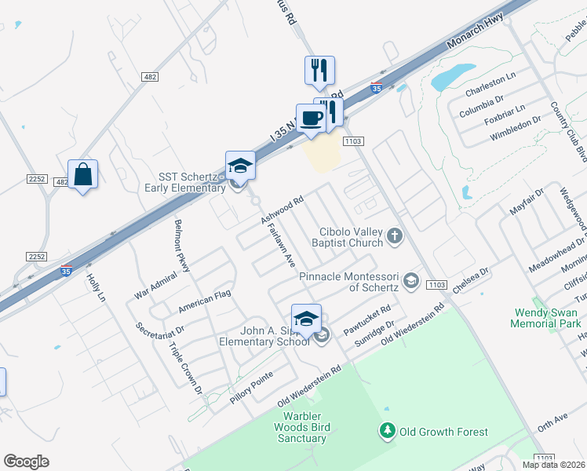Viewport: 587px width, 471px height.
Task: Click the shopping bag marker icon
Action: pyautogui.click(x=82, y=174)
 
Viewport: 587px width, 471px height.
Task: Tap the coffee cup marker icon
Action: pyautogui.click(x=311, y=118)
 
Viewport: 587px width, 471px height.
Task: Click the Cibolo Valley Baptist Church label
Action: pyautogui.click(x=351, y=238)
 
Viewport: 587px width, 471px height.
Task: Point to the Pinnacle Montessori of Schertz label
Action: pyautogui.click(x=350, y=281)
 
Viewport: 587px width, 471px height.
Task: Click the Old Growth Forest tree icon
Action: pyautogui.click(x=387, y=431)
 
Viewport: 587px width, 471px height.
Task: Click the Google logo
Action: pyautogui.click(x=26, y=462)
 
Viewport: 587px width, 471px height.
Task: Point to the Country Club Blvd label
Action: pyautogui.click(x=569, y=130)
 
